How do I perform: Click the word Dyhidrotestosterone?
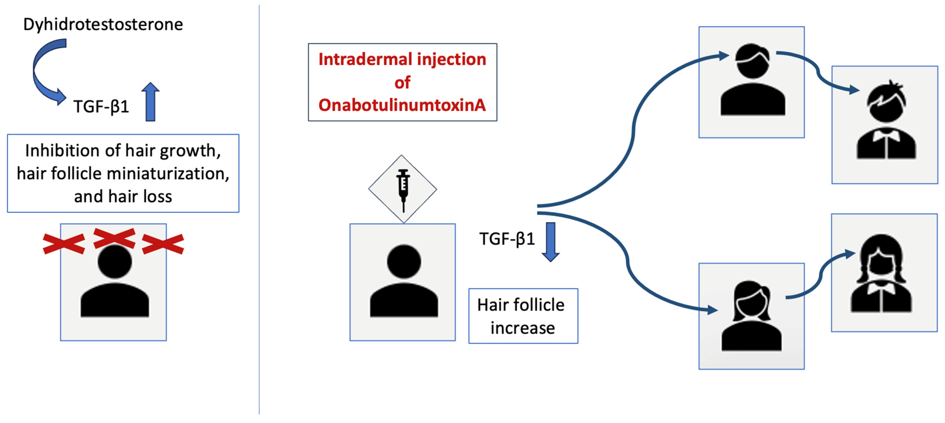click(x=103, y=24)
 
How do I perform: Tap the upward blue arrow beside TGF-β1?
click(x=150, y=102)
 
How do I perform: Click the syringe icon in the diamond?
click(x=403, y=189)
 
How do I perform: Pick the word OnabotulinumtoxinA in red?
click(x=402, y=105)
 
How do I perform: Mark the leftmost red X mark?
click(x=64, y=244)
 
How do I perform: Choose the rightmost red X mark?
click(x=163, y=244)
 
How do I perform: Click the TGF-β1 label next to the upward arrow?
click(x=101, y=107)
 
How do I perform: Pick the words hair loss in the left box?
click(x=140, y=197)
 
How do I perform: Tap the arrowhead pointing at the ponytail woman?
click(x=712, y=310)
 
